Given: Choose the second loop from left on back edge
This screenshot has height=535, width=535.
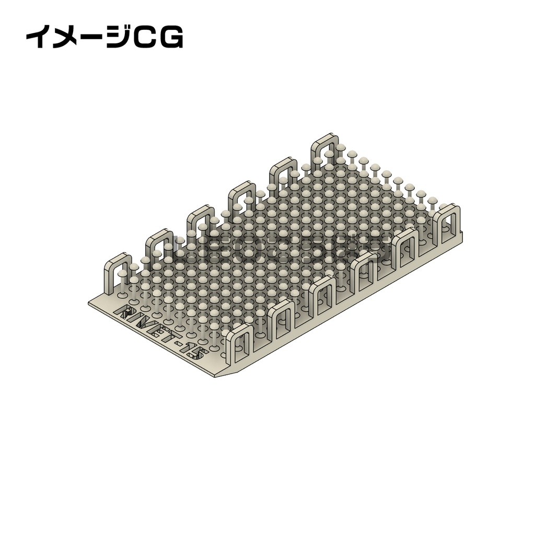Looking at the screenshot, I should tap(159, 245).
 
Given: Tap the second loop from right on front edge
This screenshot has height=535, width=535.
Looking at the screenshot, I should tap(408, 246).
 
